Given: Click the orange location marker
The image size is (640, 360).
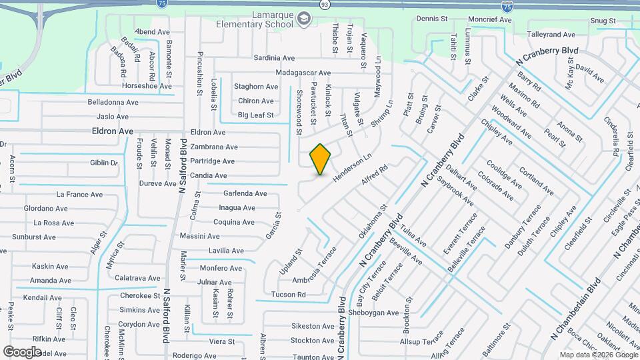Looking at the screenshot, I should click(321, 159).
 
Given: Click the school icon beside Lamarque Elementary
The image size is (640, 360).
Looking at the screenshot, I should click(305, 18).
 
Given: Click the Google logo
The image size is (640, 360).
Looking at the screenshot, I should click(22, 351).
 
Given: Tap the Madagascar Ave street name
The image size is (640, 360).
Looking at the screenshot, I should click(303, 73).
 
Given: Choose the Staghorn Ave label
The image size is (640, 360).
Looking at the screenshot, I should click(255, 87).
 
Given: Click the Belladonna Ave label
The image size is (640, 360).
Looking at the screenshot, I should click(113, 102).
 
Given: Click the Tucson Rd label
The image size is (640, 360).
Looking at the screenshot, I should click(288, 294).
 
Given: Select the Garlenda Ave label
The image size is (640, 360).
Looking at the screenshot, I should click(245, 193).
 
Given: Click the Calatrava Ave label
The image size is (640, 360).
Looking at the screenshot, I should click(137, 278).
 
